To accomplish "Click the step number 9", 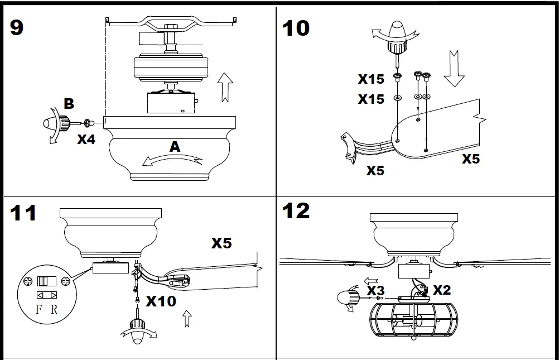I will [17, 26].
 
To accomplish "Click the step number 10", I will [296, 28].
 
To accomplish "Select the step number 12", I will [296, 210].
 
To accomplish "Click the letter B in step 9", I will [69, 104].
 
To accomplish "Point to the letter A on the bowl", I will [175, 147].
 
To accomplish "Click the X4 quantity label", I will [86, 140].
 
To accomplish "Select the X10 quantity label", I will [161, 301].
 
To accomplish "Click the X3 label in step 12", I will [375, 290].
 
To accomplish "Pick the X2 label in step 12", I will [442, 290].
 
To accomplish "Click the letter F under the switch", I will [38, 309].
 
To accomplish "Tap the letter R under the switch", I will [54, 309].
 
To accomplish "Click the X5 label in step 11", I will [221, 243].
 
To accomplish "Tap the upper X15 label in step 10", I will [371, 79].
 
